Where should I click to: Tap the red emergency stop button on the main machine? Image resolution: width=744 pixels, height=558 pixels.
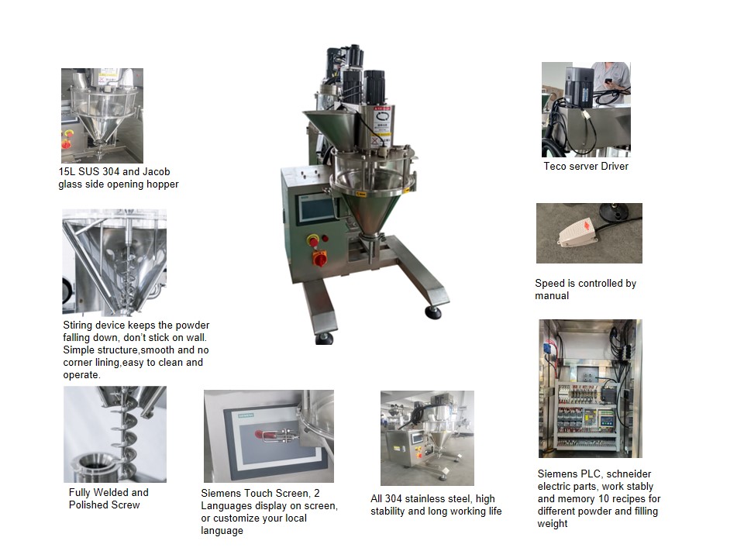coord(313,241)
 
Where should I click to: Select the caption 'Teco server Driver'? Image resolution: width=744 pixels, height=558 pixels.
coord(586,166)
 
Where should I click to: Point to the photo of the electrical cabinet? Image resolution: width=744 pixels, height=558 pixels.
coord(590,387)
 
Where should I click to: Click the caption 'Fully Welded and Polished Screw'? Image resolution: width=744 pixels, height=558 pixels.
coord(108,498)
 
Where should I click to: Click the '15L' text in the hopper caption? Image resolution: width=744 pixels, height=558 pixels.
coord(67,171)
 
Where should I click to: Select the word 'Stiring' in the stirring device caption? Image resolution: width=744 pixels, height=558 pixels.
coord(77,325)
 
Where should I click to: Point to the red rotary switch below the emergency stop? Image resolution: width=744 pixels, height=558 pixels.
coord(319,258)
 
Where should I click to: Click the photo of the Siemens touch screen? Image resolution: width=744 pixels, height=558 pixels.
coord(268,436)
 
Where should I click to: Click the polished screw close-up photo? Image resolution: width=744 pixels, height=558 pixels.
coord(115,434)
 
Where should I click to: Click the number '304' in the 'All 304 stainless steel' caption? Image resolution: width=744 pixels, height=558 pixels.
coord(395,498)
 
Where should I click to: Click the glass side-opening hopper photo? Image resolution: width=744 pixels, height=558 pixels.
coord(102,115)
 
